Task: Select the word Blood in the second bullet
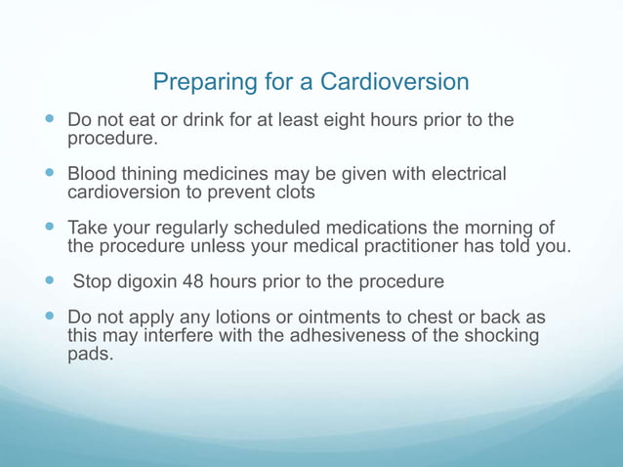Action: pyautogui.click(x=92, y=175)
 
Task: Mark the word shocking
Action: pyautogui.click(x=502, y=336)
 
